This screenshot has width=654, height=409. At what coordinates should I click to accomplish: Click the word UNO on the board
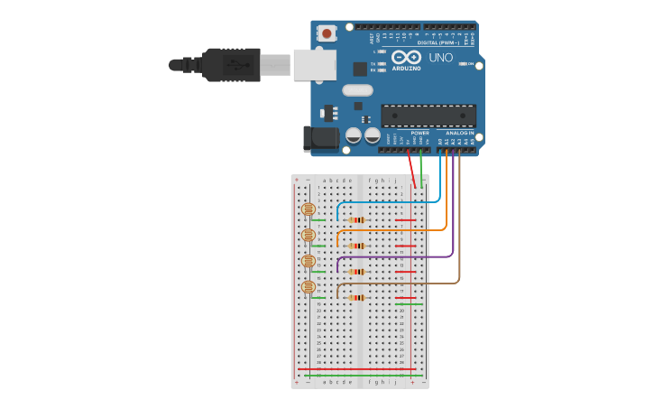click(x=441, y=58)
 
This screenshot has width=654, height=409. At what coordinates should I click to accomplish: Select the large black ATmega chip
click(x=428, y=116)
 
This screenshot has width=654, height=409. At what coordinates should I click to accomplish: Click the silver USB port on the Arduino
click(x=314, y=65)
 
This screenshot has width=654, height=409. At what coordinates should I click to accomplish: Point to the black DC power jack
click(x=319, y=138)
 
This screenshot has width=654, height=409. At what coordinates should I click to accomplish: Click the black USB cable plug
click(x=231, y=65)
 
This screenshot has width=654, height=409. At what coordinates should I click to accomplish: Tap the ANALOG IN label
click(x=459, y=133)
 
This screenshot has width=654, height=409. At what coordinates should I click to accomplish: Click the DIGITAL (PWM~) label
click(x=438, y=42)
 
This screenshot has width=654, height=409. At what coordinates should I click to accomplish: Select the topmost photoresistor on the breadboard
click(x=308, y=209)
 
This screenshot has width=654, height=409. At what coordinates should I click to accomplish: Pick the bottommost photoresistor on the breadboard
click(x=308, y=287)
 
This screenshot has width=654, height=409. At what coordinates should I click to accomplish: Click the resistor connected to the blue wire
click(x=357, y=219)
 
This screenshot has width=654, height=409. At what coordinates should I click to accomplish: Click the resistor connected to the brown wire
click(x=357, y=297)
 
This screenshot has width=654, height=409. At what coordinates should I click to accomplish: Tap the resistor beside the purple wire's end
click(x=357, y=271)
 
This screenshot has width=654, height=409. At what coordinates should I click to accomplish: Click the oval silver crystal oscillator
click(x=357, y=90)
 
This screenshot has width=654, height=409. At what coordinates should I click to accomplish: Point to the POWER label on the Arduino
click(x=419, y=133)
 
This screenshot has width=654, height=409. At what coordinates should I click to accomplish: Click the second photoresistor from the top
click(x=308, y=235)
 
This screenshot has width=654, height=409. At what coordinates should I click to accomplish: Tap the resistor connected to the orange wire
click(x=357, y=246)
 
